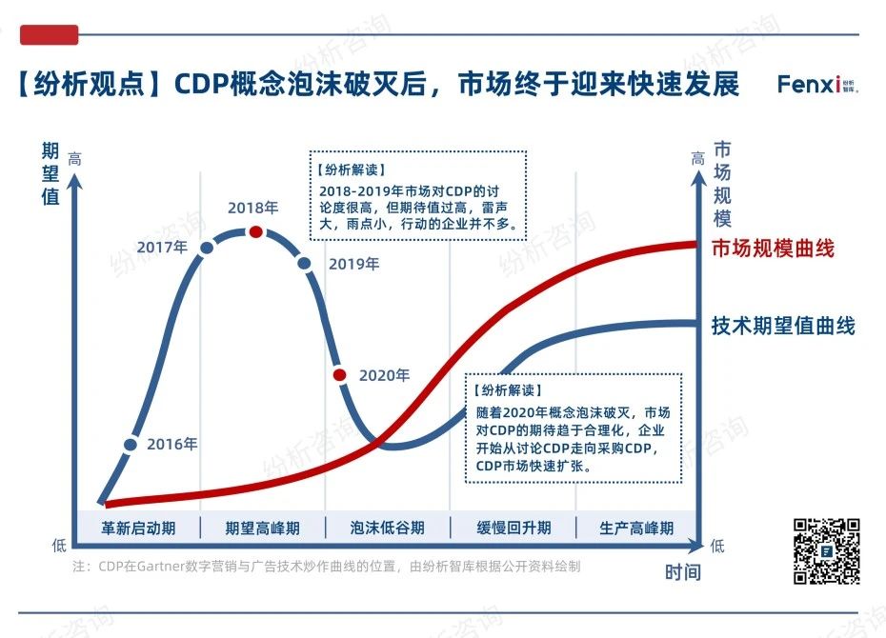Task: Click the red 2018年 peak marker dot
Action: click(x=255, y=231)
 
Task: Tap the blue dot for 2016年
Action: click(x=131, y=444)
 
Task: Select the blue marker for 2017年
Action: click(x=207, y=248)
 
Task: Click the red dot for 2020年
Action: click(x=340, y=374)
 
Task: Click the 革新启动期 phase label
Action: click(x=138, y=528)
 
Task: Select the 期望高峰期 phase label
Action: click(x=262, y=528)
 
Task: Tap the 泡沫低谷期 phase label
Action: click(x=387, y=528)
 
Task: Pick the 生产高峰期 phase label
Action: click(x=636, y=528)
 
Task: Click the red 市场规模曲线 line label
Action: click(x=773, y=249)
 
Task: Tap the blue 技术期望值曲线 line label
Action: click(x=783, y=326)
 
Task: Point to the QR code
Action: click(x=827, y=551)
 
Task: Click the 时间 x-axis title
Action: click(x=682, y=571)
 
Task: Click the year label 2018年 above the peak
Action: click(x=252, y=208)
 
